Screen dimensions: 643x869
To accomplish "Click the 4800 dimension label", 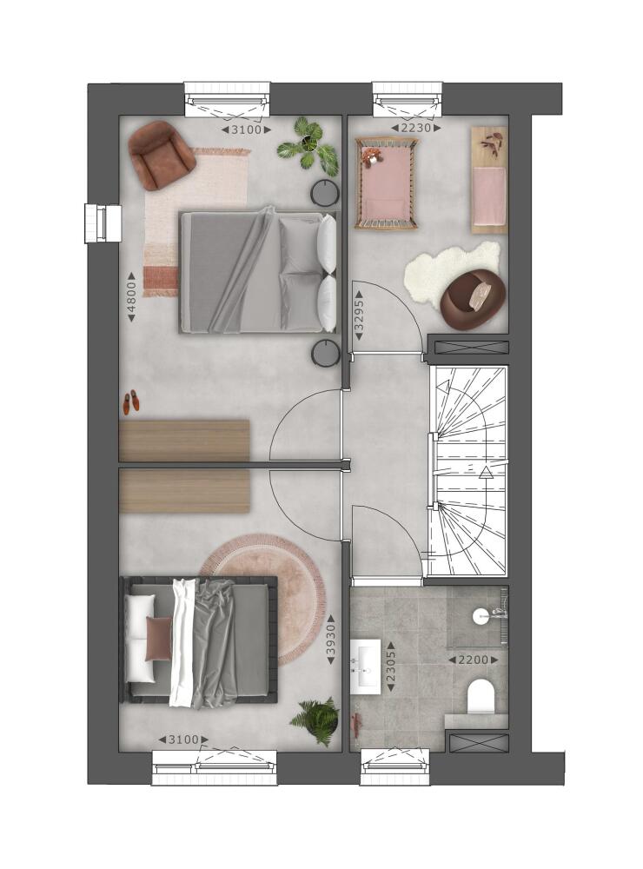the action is click(131, 297).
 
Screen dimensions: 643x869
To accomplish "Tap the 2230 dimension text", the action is click(415, 129).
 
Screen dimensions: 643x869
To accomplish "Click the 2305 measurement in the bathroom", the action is click(391, 667).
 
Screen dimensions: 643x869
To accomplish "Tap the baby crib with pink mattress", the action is click(387, 184).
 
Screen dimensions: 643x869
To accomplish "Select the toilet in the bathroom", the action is click(481, 696).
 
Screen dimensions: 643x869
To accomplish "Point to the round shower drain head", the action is click(480, 615).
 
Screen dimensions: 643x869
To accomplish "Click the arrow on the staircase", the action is click(486, 471).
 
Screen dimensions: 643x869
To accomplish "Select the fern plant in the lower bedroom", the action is click(316, 720).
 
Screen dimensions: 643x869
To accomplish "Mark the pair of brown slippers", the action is click(131, 401).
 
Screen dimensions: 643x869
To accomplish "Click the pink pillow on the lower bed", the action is click(158, 639).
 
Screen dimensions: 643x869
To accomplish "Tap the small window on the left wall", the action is click(103, 223).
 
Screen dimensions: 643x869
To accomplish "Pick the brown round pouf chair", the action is click(474, 298).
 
